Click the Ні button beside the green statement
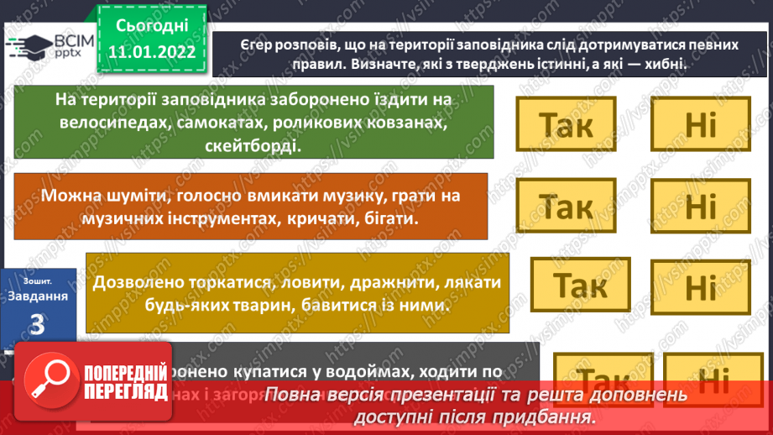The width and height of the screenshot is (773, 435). (x=700, y=125)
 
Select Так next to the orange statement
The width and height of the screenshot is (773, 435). (x=566, y=205)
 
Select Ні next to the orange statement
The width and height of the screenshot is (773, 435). (x=700, y=205)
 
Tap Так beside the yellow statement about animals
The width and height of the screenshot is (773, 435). (x=581, y=286)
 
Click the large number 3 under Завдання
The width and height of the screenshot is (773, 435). (x=36, y=323)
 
